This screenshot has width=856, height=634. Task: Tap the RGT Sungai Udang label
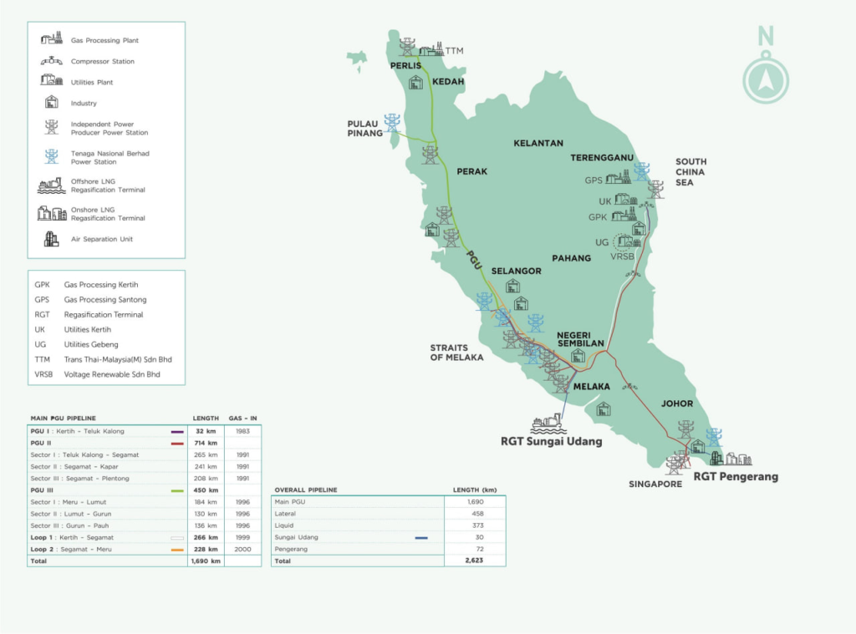pyautogui.click(x=551, y=441)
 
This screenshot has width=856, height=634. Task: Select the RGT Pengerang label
pyautogui.click(x=736, y=477)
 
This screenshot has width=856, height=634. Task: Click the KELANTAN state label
pyautogui.click(x=538, y=143)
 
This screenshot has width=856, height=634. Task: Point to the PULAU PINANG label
pyautogui.click(x=365, y=128)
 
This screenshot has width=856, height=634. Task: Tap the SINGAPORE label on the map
pyautogui.click(x=655, y=484)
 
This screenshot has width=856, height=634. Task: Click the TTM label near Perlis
pyautogui.click(x=454, y=51)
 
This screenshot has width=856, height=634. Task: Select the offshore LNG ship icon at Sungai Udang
pyautogui.click(x=548, y=424)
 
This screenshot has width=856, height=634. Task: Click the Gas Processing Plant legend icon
pyautogui.click(x=51, y=38)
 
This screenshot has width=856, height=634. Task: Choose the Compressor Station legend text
pyautogui.click(x=103, y=62)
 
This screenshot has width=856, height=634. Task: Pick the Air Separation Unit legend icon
pyautogui.click(x=51, y=239)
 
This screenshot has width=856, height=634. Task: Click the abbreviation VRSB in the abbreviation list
pyautogui.click(x=43, y=375)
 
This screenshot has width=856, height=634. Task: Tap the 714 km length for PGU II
pyautogui.click(x=206, y=444)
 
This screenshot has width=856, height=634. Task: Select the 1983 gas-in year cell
pyautogui.click(x=242, y=432)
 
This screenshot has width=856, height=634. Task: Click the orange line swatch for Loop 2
pyautogui.click(x=176, y=550)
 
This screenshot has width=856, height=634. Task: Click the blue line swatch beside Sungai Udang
pyautogui.click(x=421, y=538)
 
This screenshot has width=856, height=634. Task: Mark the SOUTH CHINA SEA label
pyautogui.click(x=690, y=171)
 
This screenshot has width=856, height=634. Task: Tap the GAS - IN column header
pyautogui.click(x=242, y=418)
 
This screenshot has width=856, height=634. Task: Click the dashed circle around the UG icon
pyautogui.click(x=624, y=242)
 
